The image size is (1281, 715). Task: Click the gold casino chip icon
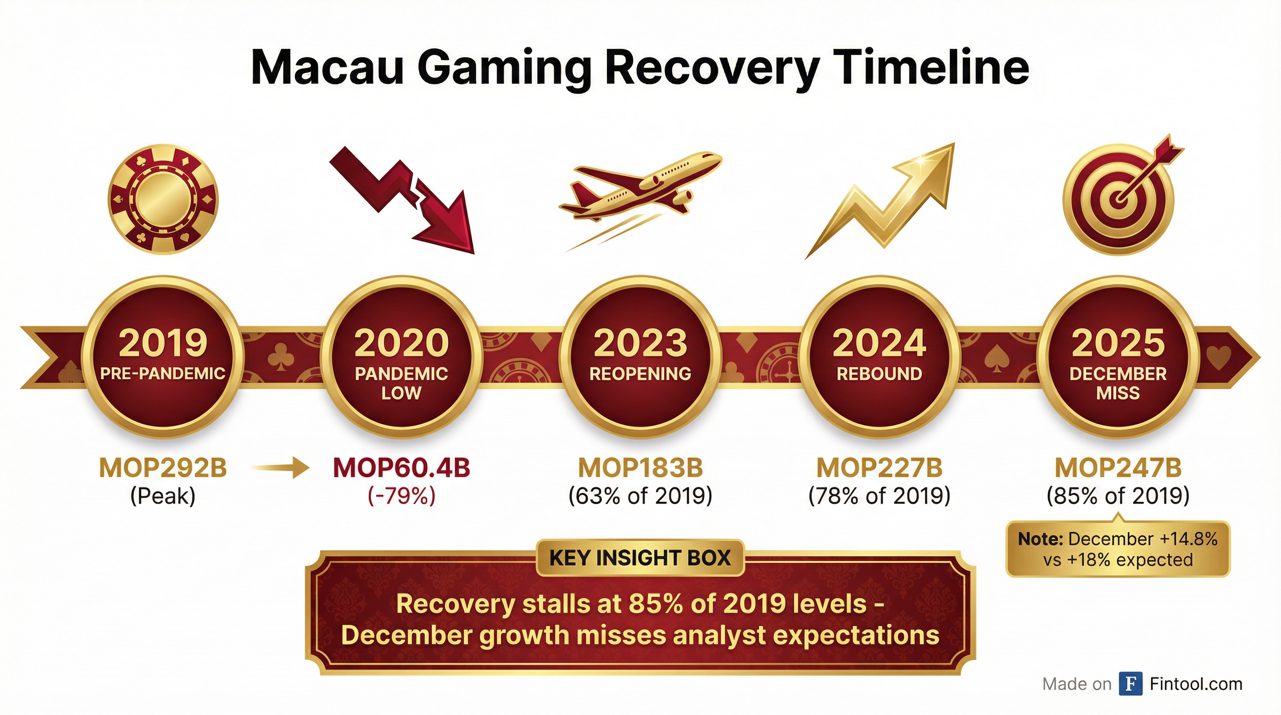[163, 200]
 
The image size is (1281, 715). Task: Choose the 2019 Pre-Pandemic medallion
[162, 357]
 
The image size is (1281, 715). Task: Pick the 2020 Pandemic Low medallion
[401, 357]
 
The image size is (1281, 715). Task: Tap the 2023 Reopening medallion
[640, 357]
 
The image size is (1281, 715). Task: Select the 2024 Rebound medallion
[879, 357]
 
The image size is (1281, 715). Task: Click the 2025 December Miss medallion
[1118, 357]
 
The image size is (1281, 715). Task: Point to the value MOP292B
[163, 468]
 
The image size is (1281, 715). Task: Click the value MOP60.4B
[401, 468]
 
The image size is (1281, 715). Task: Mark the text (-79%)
[401, 496]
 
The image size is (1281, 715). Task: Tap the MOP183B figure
[640, 468]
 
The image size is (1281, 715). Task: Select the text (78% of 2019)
[879, 496]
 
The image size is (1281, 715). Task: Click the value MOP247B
[1118, 468]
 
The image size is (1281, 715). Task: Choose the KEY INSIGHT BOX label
[640, 558]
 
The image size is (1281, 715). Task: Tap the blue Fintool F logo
[1130, 684]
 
